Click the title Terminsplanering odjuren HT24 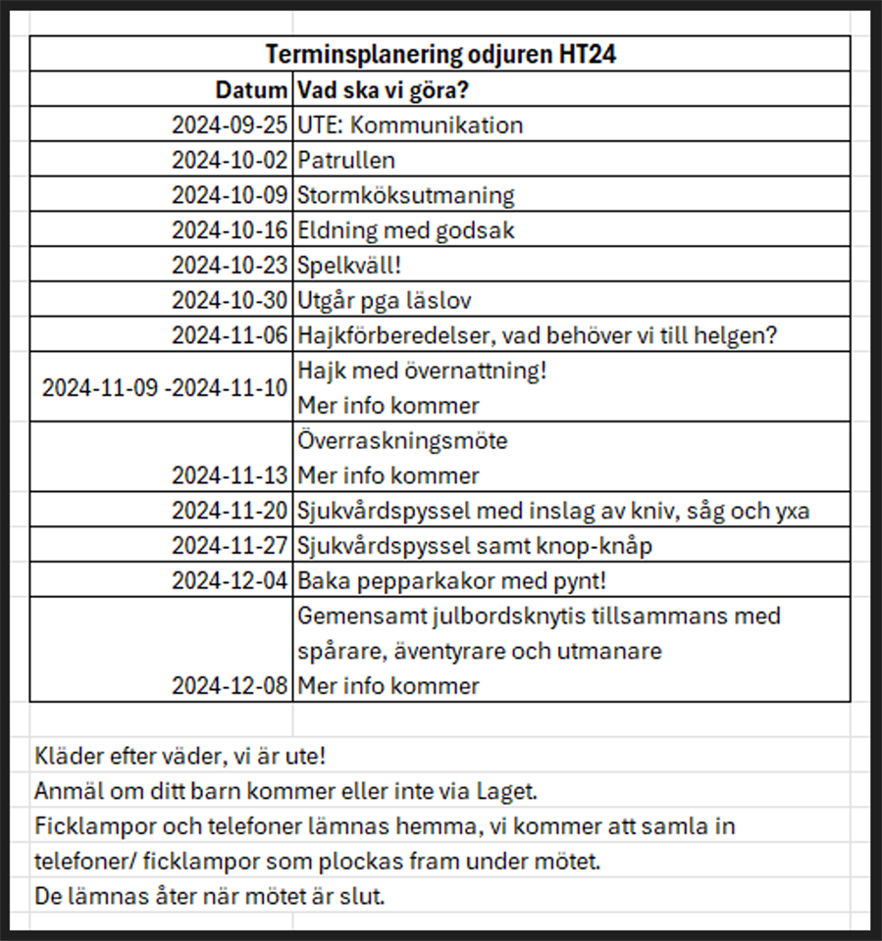point(440,54)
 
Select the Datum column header point(252,90)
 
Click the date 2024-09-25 point(230,125)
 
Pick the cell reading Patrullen point(346,160)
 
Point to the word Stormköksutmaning point(405,195)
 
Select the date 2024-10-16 point(230,230)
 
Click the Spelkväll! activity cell point(342,265)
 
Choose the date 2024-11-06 point(230,335)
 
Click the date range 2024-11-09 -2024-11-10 point(165,387)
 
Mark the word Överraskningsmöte point(402,441)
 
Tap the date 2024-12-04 point(230,580)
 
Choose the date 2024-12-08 point(230,685)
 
